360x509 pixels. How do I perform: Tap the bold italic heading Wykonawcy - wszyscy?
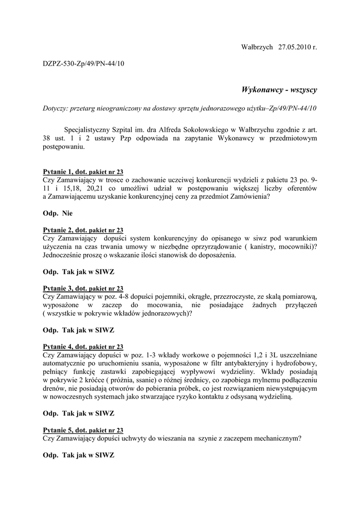click(x=279, y=90)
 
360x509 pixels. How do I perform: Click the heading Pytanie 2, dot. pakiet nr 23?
click(x=83, y=230)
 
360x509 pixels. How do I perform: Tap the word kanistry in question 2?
click(x=260, y=247)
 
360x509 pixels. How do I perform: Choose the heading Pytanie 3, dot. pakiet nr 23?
click(x=83, y=288)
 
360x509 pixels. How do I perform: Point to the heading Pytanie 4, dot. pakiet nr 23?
click(x=83, y=346)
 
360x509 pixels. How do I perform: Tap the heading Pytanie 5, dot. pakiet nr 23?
click(x=83, y=430)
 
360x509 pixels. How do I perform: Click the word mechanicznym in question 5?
click(x=276, y=438)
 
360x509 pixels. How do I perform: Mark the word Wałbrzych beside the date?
click(x=257, y=47)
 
